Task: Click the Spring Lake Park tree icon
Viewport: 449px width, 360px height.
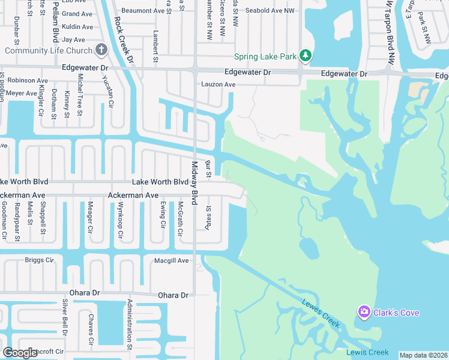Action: point(306,56)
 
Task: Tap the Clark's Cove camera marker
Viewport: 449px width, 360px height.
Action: point(363,312)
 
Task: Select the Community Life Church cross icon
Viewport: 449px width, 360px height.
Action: point(101,50)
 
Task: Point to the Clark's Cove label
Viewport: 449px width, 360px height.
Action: point(396,313)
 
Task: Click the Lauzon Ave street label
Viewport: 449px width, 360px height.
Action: point(218,85)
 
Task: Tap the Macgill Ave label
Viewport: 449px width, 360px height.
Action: point(172,260)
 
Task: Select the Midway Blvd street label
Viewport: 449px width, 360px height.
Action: point(194,183)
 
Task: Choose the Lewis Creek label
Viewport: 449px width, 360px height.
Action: point(367,353)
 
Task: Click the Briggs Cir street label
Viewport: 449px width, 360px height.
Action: point(40,260)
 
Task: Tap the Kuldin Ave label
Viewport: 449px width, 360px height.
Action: point(77,27)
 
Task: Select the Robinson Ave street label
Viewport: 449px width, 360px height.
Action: point(28,80)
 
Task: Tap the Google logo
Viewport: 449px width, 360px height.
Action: point(20,353)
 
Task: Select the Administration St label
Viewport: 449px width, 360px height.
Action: point(129,324)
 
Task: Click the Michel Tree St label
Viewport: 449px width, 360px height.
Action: point(80,95)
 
